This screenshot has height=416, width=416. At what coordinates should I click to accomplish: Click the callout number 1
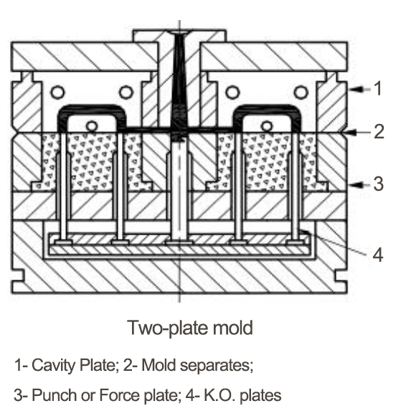pyautogui.click(x=378, y=88)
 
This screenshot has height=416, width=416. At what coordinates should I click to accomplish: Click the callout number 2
pyautogui.click(x=379, y=131)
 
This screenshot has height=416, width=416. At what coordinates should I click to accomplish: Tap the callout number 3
pyautogui.click(x=378, y=184)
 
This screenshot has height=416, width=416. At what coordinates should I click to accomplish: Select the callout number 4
pyautogui.click(x=378, y=255)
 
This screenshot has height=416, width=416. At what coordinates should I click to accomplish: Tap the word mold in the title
pyautogui.click(x=233, y=328)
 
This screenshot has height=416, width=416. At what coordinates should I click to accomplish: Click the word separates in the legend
pyautogui.click(x=215, y=365)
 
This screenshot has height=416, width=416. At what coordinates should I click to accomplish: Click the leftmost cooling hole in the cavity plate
pyautogui.click(x=57, y=93)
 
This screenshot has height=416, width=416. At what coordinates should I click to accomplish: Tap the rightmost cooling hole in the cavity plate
pyautogui.click(x=301, y=93)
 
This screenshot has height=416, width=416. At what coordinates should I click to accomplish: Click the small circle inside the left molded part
pyautogui.click(x=92, y=126)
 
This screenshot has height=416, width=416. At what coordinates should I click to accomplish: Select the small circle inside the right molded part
pyautogui.click(x=267, y=126)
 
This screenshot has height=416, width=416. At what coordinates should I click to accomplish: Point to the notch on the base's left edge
pyautogui.click(x=17, y=275)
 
